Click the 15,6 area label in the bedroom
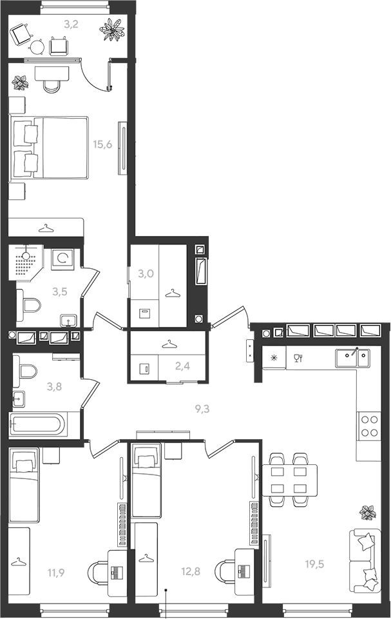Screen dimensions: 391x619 [102, 144]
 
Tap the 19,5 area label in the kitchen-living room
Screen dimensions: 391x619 [314, 564]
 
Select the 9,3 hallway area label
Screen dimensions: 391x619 [202, 409]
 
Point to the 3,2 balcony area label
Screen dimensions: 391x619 [72, 25]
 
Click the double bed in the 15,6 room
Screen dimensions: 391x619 [49, 148]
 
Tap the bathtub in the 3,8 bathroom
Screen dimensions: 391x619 [36, 425]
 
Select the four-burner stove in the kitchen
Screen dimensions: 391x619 [369, 426]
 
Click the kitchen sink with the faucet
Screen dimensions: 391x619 [353, 358]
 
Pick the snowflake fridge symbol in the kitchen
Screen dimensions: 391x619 [273, 359]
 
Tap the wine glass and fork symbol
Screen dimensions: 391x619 [298, 359]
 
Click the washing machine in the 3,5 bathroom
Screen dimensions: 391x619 [62, 259]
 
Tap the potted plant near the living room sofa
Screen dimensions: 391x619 [368, 512]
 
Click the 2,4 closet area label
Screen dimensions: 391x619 [182, 366]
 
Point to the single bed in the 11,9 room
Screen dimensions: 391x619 [24, 485]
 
